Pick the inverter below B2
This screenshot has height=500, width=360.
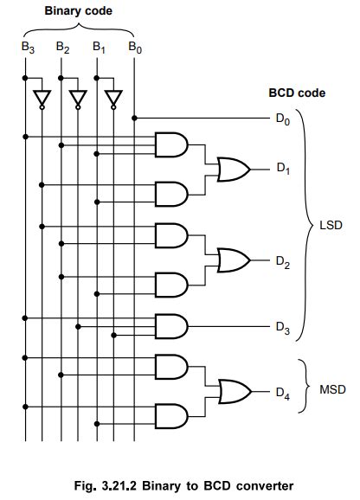(x=77, y=100)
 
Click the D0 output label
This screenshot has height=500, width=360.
(x=283, y=119)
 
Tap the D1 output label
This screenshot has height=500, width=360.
(x=283, y=170)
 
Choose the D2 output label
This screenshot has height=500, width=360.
(x=283, y=262)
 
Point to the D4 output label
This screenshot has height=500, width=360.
(x=283, y=394)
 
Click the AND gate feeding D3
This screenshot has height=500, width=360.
(x=170, y=325)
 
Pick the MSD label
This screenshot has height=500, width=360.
(x=332, y=390)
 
